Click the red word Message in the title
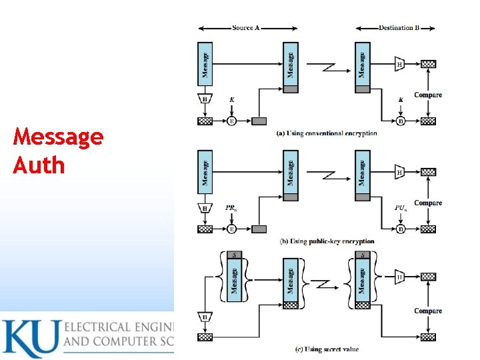[x=58, y=137]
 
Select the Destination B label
[x=399, y=28]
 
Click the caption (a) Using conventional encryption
[x=327, y=133]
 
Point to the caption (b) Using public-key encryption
[x=327, y=241]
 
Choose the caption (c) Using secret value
[x=327, y=349]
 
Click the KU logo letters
[x=30, y=339]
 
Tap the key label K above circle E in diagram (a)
[x=232, y=100]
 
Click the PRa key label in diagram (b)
[x=231, y=208]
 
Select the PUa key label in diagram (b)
[x=401, y=208]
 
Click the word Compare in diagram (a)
[x=428, y=95]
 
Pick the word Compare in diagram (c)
[x=428, y=311]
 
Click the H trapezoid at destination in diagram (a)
[x=400, y=65]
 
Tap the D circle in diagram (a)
[x=401, y=121]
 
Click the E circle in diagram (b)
[x=232, y=229]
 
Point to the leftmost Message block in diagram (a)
[x=206, y=63]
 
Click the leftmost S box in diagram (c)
[x=233, y=255]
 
